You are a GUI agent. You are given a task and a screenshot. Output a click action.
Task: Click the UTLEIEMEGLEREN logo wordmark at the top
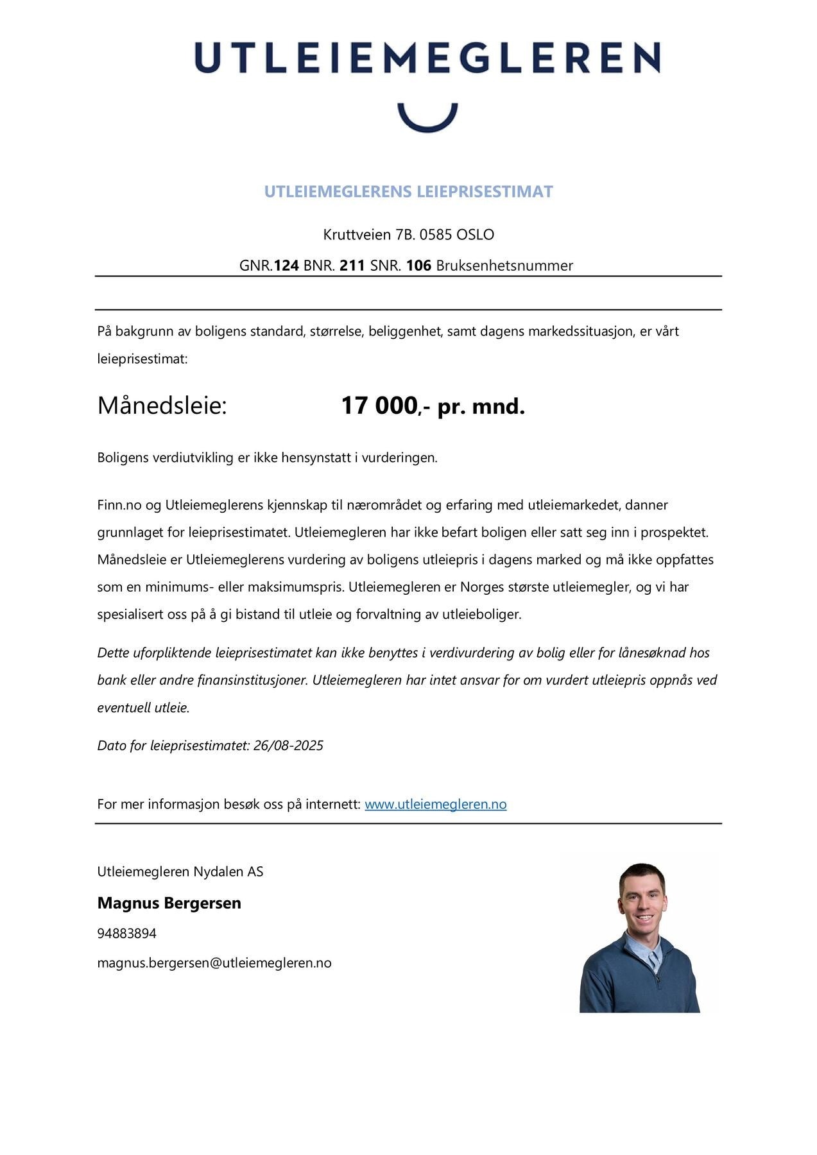click(427, 57)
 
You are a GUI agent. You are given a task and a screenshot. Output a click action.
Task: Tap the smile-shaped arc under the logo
click(427, 119)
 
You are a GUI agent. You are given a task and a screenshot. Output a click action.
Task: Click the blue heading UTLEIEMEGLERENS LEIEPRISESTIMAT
click(408, 192)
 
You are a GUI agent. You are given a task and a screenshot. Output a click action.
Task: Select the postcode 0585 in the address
click(436, 235)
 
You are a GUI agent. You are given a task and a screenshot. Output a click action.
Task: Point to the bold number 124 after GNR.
click(286, 266)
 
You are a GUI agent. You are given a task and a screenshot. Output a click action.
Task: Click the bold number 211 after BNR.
click(352, 266)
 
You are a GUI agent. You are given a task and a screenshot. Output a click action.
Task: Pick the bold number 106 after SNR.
click(418, 266)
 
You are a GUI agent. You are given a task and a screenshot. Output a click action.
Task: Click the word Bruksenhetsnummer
click(504, 266)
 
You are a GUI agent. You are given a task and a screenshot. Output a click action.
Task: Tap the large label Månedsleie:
click(162, 406)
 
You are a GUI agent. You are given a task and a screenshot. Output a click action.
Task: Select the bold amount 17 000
click(379, 406)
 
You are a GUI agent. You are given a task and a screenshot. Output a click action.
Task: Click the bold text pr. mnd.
click(481, 407)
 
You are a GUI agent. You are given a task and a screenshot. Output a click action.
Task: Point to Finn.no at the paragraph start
click(119, 505)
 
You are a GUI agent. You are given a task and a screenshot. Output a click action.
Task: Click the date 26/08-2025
click(288, 746)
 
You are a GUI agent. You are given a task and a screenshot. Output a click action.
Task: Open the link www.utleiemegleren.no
click(436, 805)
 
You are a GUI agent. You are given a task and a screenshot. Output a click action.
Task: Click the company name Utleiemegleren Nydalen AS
click(180, 872)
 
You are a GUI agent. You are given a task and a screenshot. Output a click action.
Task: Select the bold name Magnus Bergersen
click(169, 903)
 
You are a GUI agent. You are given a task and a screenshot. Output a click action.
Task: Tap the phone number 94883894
click(127, 934)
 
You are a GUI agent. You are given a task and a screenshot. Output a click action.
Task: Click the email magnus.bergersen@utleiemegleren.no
click(214, 963)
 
